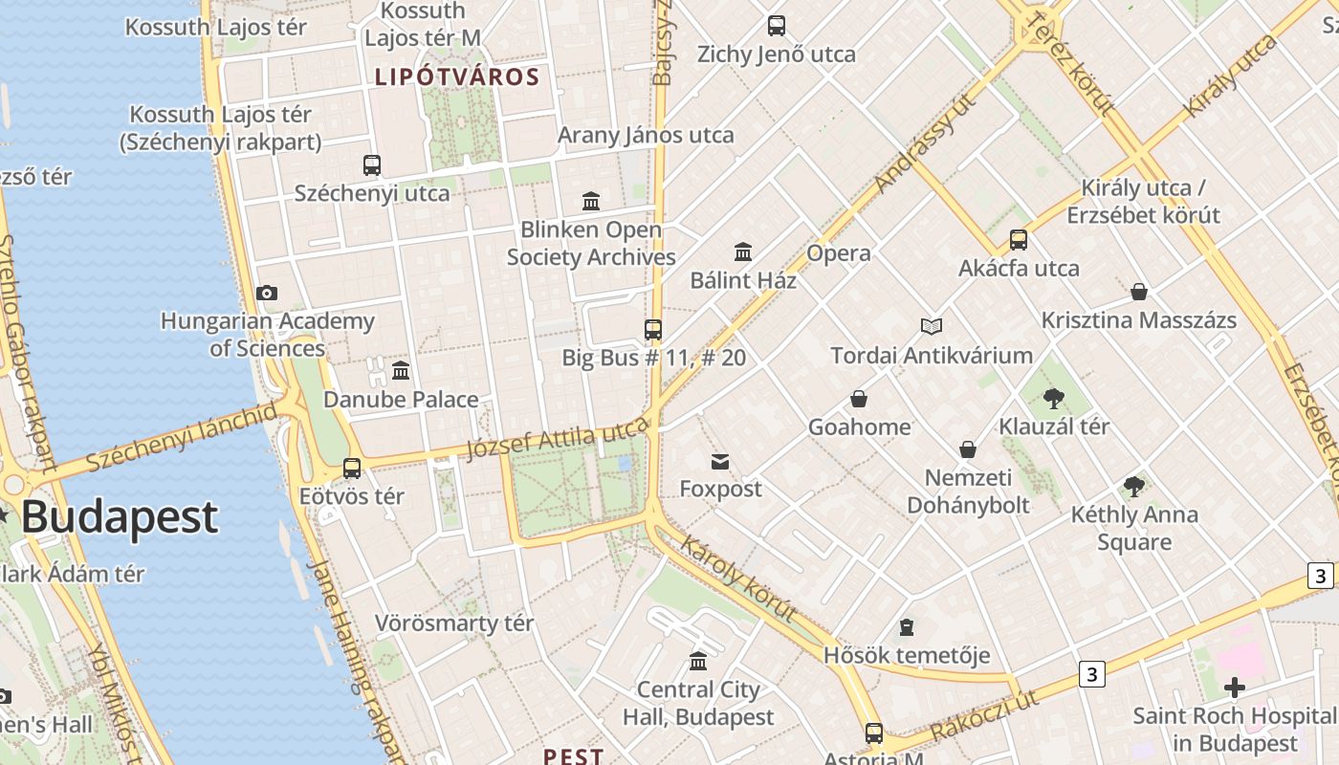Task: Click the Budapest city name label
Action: pos(120,517)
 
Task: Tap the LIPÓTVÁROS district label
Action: pos(457,76)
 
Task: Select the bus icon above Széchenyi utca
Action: pos(372,165)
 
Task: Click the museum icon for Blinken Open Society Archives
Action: pos(591,202)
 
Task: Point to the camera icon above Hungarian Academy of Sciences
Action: pos(267,294)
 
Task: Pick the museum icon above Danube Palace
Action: pos(401,370)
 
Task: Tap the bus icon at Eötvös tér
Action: pos(352,469)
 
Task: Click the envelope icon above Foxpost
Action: pos(720,462)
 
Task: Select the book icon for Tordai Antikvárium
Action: pos(932,327)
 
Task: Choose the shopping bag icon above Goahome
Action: pos(859,399)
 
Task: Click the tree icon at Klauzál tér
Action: pos(1054,398)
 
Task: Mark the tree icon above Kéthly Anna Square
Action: pos(1134,487)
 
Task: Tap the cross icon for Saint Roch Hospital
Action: pos(1234,688)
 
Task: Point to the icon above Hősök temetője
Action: pos(906,628)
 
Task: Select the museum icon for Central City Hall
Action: pos(698,662)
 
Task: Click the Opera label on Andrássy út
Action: pos(839,253)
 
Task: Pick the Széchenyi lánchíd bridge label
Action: pos(182,437)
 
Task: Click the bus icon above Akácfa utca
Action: pos(1019,240)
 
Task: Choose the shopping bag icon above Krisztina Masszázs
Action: pos(1138,292)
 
